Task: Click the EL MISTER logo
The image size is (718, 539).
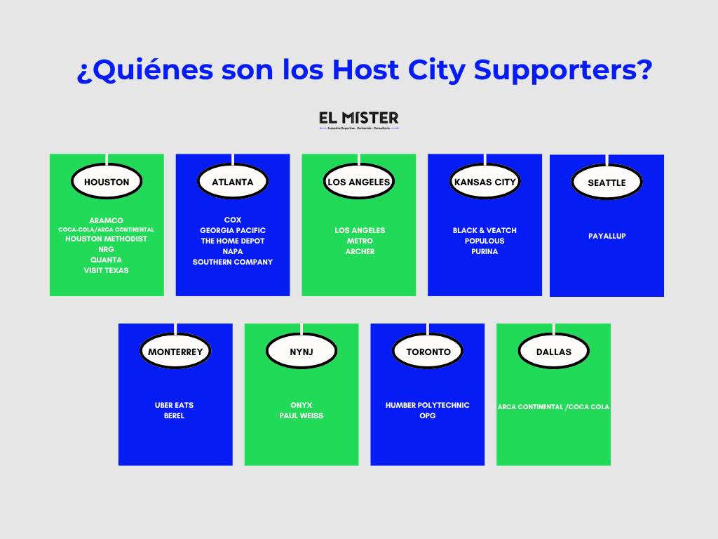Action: pos(358,120)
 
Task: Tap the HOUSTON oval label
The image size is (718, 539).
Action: pos(107,182)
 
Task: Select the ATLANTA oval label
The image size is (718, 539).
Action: pos(233,182)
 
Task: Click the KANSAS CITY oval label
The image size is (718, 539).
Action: pos(485,182)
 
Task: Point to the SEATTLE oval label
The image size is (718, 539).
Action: pos(607,182)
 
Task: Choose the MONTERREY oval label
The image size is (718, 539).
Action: pos(175,352)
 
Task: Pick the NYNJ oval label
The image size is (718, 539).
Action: pos(302,352)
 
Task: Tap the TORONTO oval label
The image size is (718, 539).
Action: pos(428,352)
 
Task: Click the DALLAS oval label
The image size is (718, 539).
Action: pos(554,352)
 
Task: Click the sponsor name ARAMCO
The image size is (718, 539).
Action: pos(107,220)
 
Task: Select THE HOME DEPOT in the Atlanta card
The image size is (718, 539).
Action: pos(233,241)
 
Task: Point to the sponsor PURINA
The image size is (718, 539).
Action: pos(485,251)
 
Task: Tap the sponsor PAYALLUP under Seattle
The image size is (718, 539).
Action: pos(607,236)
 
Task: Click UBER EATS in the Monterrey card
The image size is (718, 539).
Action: pos(175,405)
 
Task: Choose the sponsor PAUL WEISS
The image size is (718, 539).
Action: pos(302,415)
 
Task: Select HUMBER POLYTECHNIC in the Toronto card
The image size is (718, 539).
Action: pos(428,405)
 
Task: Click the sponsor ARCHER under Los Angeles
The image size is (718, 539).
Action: pos(360,251)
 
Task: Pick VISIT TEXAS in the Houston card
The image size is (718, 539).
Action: pos(107,270)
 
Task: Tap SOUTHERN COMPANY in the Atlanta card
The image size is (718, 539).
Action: pos(233,262)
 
